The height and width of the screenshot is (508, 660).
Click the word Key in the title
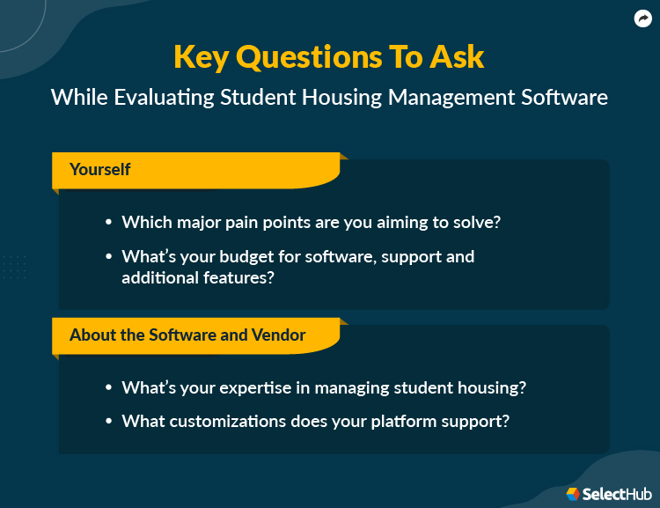[x=202, y=56]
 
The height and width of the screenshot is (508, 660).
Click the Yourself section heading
[x=100, y=169]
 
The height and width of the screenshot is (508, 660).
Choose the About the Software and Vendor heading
[x=187, y=335]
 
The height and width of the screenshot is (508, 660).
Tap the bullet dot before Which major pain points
[x=108, y=223]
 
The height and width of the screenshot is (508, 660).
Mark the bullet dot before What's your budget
[x=108, y=257]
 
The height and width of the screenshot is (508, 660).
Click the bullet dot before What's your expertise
[x=108, y=387]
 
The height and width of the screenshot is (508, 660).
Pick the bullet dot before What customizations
[x=108, y=421]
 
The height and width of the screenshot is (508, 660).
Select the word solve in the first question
[x=480, y=223]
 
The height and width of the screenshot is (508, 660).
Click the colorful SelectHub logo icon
[x=573, y=494]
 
